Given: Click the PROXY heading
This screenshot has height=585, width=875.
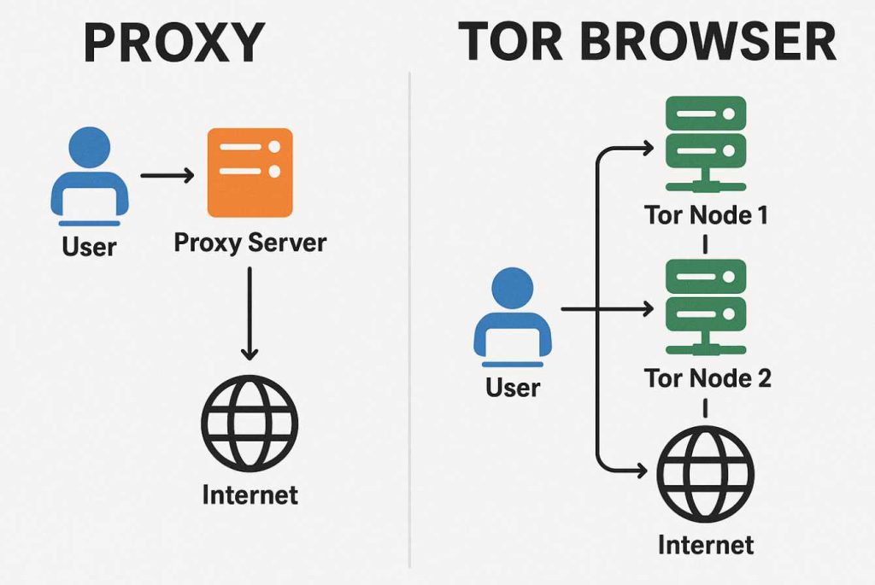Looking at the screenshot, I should coord(174,43).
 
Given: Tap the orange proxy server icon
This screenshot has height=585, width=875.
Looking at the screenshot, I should coord(250,172).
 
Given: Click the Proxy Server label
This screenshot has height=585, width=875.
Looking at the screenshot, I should coord(250,243).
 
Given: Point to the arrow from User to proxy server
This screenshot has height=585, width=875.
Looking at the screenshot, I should coord(167,176).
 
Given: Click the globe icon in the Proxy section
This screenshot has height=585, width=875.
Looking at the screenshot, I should coord(249,423).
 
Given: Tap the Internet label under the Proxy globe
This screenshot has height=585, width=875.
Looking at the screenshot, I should coord(250,494).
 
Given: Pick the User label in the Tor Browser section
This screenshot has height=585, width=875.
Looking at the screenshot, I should coord(513,388).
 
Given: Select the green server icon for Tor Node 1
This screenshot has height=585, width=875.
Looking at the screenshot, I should coord(706,140).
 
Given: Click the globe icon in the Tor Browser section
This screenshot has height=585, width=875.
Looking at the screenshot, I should coord(706,475).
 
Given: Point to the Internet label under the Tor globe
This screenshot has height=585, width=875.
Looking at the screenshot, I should coord(706,544).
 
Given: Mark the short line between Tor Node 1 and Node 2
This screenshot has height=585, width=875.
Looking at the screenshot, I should coord(706,243).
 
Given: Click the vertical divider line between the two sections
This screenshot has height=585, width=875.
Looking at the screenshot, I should coord(410,325).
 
